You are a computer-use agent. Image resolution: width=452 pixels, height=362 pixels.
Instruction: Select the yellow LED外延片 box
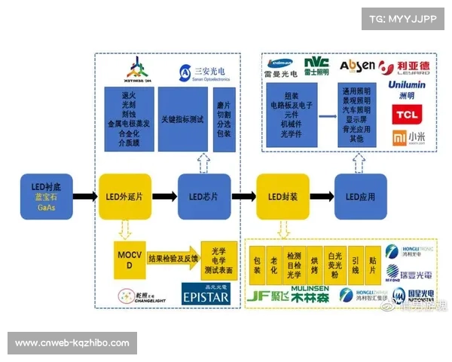pyautogui.click(x=121, y=197)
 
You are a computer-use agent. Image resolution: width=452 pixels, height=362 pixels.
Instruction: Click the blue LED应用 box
pyautogui.click(x=360, y=197)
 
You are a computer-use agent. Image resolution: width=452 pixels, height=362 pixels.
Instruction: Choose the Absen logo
pyautogui.click(x=356, y=66)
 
